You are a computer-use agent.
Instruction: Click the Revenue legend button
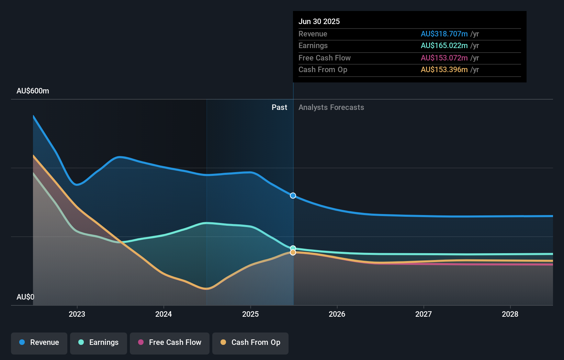coord(39,342)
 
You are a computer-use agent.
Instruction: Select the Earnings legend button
coord(99,342)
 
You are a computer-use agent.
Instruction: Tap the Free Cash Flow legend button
coord(170,342)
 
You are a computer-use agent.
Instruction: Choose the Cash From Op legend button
coord(250,342)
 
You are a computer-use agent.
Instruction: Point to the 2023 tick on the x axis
coord(77,314)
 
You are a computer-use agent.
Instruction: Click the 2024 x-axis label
coord(163,314)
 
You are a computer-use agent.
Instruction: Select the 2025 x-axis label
coord(250,314)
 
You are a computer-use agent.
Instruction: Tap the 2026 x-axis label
coord(337,314)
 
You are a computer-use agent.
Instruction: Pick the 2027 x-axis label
coord(424,314)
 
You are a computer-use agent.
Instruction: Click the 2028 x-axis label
coord(510,314)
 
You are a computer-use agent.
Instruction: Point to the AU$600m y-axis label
coord(33,91)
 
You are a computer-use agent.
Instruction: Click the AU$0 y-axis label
coord(25,297)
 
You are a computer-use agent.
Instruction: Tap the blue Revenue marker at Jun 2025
coord(293,195)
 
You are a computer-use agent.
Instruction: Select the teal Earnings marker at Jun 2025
coord(293,248)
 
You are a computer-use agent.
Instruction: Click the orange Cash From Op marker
coord(293,252)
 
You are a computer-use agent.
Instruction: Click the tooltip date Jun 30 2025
coord(319,21)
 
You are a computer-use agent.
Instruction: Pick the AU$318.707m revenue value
coord(444,34)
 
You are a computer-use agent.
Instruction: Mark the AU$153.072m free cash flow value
coord(444,58)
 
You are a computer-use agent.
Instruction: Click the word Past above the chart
coord(279,108)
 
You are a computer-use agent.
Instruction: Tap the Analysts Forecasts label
coord(331,108)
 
